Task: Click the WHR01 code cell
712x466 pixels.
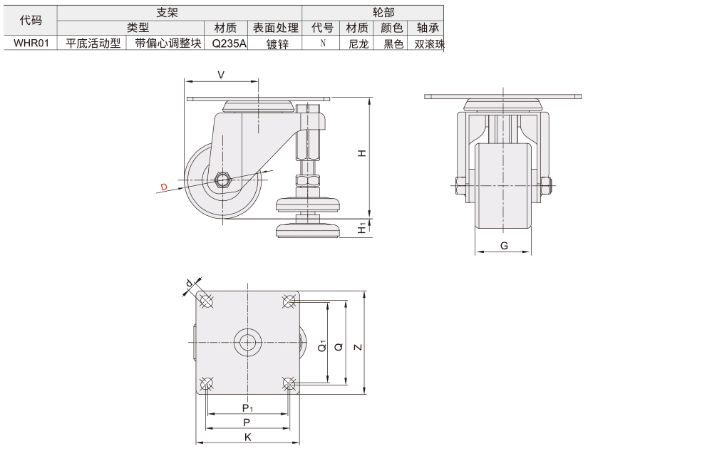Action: tap(31, 43)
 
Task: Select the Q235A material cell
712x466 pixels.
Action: tap(229, 43)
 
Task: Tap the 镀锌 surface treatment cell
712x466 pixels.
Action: tap(277, 43)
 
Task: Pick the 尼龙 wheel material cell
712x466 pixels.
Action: tap(358, 43)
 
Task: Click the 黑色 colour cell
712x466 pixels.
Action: tap(393, 43)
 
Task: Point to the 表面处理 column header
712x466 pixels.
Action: tap(276, 28)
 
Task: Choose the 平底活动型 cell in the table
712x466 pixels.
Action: tap(93, 43)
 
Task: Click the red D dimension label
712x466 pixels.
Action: tap(164, 187)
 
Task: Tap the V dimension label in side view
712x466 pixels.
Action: tap(221, 75)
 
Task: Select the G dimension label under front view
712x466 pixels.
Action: tap(504, 246)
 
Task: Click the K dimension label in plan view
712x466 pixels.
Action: tap(248, 437)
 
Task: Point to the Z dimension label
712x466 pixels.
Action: tap(358, 347)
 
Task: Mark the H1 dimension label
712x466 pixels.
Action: tap(362, 228)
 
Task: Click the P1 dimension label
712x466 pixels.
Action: tap(247, 408)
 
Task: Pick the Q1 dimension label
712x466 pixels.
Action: tap(322, 346)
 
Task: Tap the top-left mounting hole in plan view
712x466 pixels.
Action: tap(206, 301)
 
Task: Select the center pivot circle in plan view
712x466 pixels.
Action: tap(247, 343)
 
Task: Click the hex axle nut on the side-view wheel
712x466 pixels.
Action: tap(222, 180)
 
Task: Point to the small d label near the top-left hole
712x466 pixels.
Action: tap(190, 284)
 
